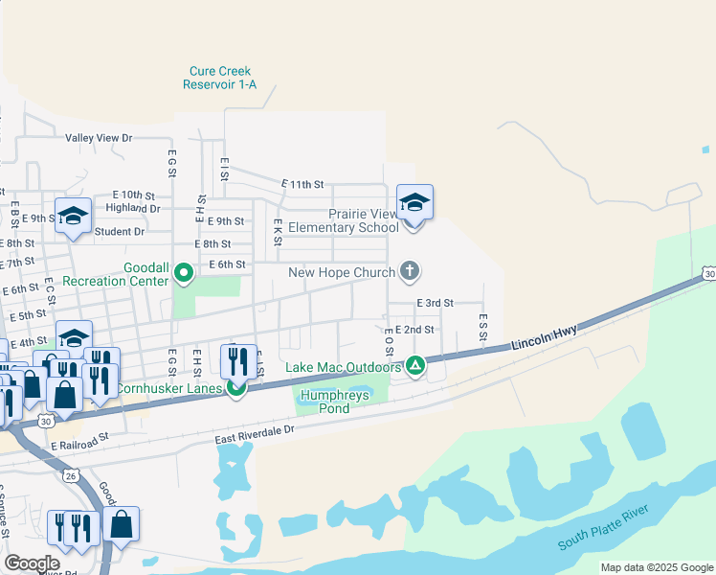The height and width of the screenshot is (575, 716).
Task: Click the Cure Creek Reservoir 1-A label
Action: point(221,78)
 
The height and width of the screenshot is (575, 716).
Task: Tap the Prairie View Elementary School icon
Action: point(414,203)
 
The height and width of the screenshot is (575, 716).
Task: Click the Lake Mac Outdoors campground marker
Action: point(415,365)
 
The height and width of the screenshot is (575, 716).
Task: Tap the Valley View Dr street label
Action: point(99,138)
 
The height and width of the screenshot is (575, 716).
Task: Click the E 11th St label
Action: point(302,183)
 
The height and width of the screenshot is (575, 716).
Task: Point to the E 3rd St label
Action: point(435,303)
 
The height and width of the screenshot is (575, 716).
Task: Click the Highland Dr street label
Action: point(133,207)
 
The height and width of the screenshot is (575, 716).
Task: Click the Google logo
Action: point(32,563)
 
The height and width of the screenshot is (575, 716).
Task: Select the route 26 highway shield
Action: point(71,475)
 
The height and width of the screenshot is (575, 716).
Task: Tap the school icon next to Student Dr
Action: point(73,216)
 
